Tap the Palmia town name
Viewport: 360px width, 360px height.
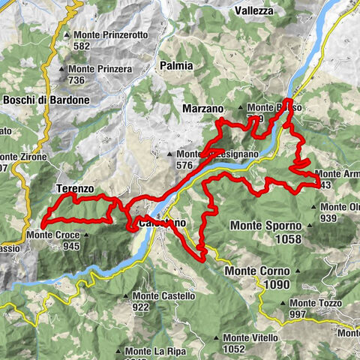point(176,66)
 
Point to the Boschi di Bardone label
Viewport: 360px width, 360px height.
point(46,100)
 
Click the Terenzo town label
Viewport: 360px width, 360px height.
point(73,188)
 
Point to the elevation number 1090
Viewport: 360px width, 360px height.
point(276,286)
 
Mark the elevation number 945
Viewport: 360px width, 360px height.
point(72,246)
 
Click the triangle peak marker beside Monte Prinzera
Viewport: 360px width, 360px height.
point(61,70)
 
